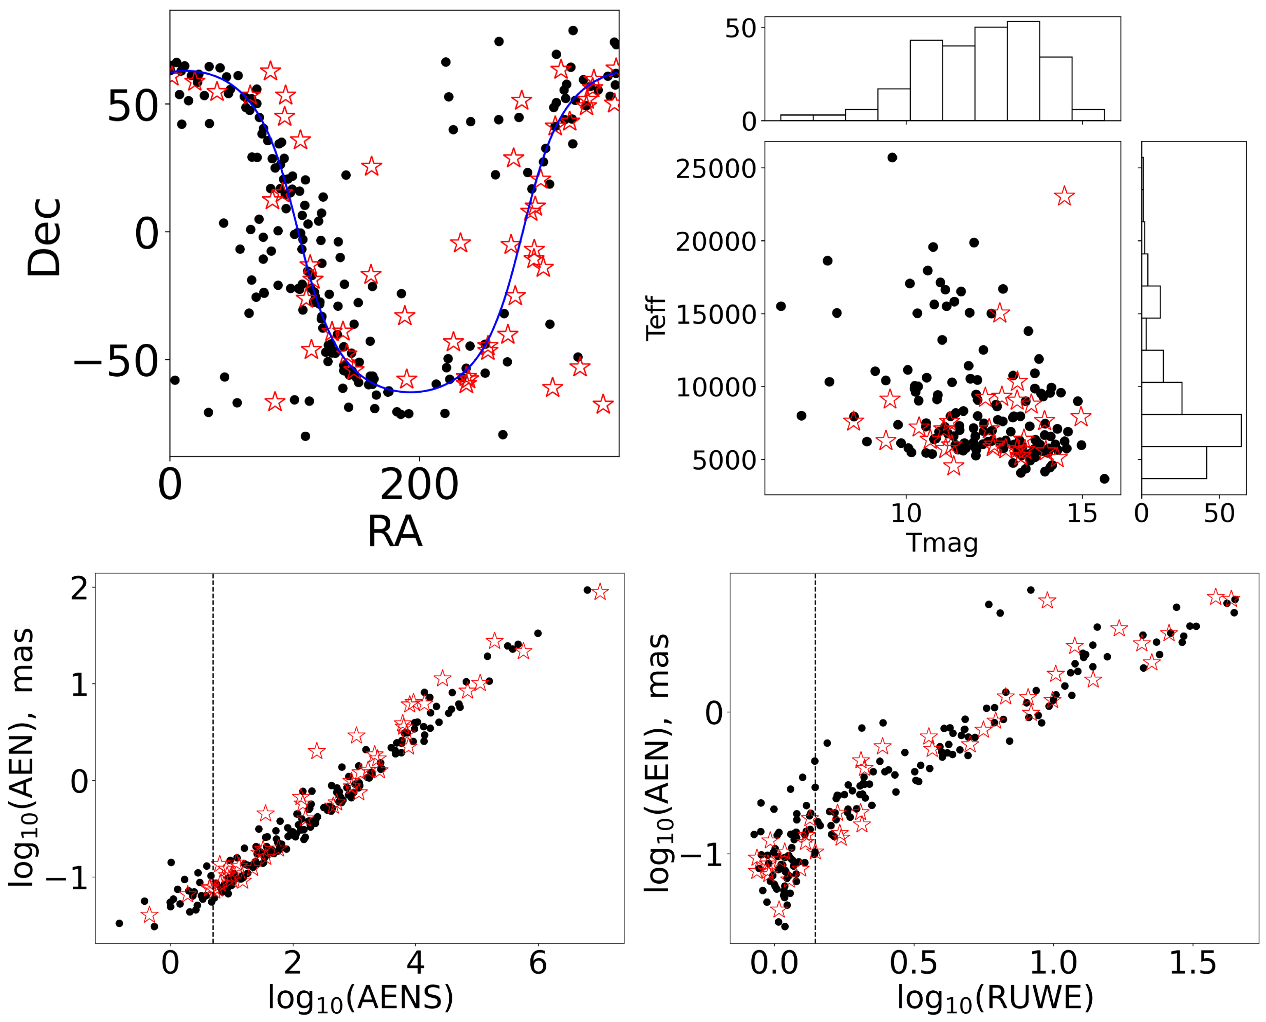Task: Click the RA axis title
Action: click(394, 532)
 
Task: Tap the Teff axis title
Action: click(655, 318)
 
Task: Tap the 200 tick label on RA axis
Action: click(419, 486)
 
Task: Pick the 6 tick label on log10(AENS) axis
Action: click(538, 964)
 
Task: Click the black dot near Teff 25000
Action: click(892, 157)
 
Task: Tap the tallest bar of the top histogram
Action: click(1023, 71)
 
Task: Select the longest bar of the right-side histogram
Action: click(1191, 431)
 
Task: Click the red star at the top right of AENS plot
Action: click(599, 591)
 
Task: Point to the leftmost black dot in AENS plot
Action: click(119, 923)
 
